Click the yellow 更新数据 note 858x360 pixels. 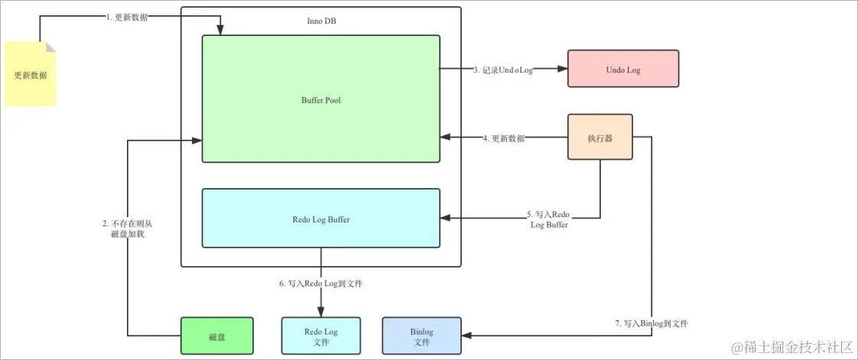pos(31,74)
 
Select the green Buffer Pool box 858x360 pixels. pos(320,99)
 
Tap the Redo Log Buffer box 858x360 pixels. pos(320,219)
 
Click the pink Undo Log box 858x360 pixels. pos(622,70)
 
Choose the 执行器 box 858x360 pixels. pos(600,137)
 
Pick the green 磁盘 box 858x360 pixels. pos(216,336)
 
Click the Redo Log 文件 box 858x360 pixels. pos(320,336)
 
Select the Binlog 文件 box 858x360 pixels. pos(421,336)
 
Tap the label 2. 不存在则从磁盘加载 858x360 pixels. pos(128,229)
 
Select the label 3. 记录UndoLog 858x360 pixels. pos(502,70)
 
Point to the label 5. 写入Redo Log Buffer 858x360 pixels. pos(548,219)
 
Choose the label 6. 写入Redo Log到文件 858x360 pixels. pos(320,284)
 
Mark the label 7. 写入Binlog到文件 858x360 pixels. pos(652,323)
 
